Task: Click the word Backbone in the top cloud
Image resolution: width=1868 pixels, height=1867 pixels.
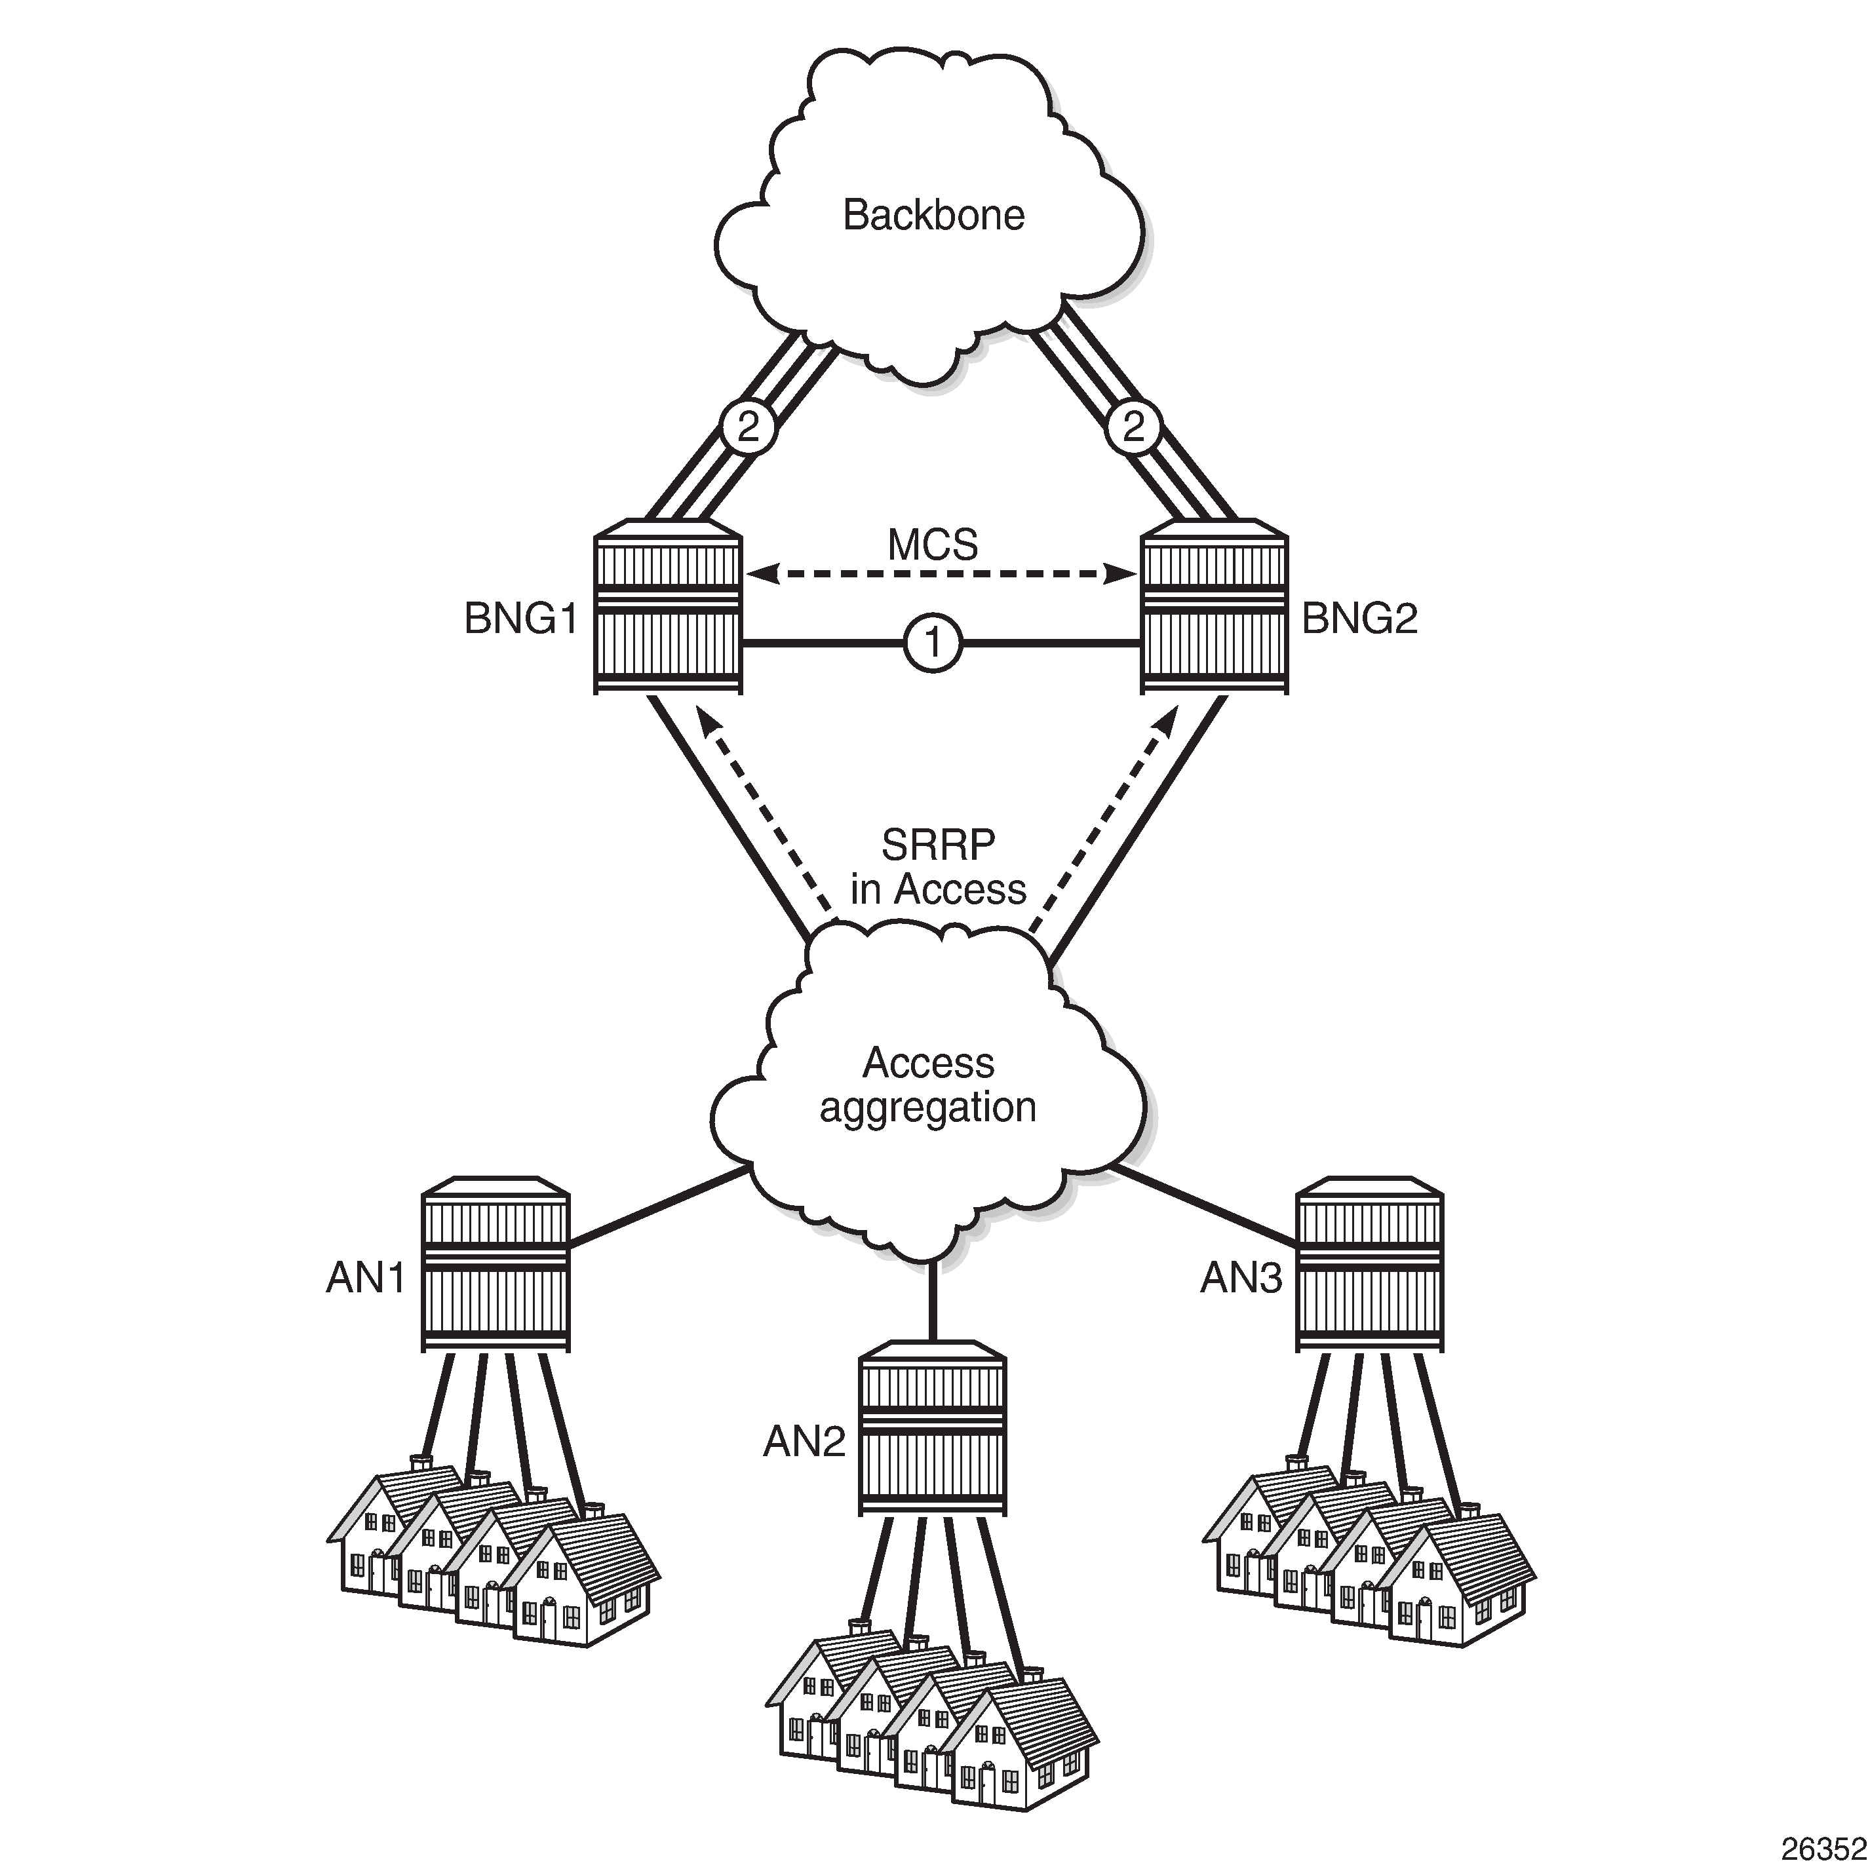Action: coord(933,215)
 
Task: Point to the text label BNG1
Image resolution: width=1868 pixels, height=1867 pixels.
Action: coord(520,619)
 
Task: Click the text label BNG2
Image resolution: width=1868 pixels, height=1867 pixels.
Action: coord(1359,619)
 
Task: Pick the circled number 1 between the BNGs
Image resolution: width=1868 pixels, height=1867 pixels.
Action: coord(933,642)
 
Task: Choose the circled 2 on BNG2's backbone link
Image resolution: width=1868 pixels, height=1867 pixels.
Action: coord(1133,427)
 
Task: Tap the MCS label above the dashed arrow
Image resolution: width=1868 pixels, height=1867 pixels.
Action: coord(933,545)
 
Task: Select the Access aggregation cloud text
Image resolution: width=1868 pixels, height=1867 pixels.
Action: coord(928,1085)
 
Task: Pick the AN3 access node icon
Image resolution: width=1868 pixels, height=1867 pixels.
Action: coord(1369,1263)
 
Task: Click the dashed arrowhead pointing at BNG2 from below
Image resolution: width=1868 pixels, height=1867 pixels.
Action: coord(1167,720)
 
